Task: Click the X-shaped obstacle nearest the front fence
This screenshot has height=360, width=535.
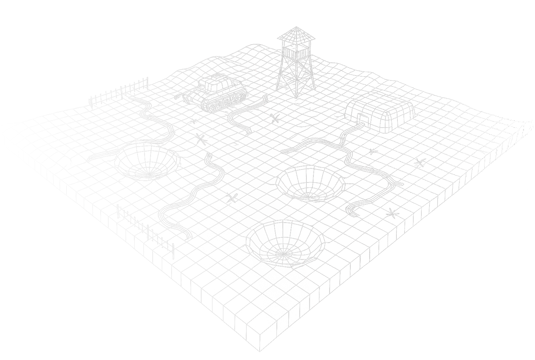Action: click(232, 198)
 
